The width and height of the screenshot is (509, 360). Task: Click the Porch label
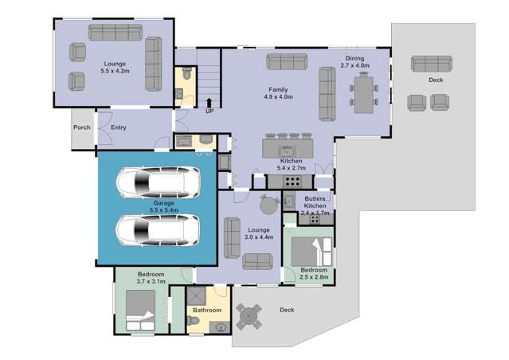pyautogui.click(x=81, y=127)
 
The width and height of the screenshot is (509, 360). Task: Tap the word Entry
pyautogui.click(x=118, y=127)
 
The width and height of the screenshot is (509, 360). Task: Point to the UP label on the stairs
pyautogui.click(x=209, y=111)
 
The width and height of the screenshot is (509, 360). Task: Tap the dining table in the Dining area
pyautogui.click(x=364, y=92)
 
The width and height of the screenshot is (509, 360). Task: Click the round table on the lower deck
pyautogui.click(x=249, y=316)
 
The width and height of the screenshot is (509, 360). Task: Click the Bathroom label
pyautogui.click(x=206, y=310)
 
